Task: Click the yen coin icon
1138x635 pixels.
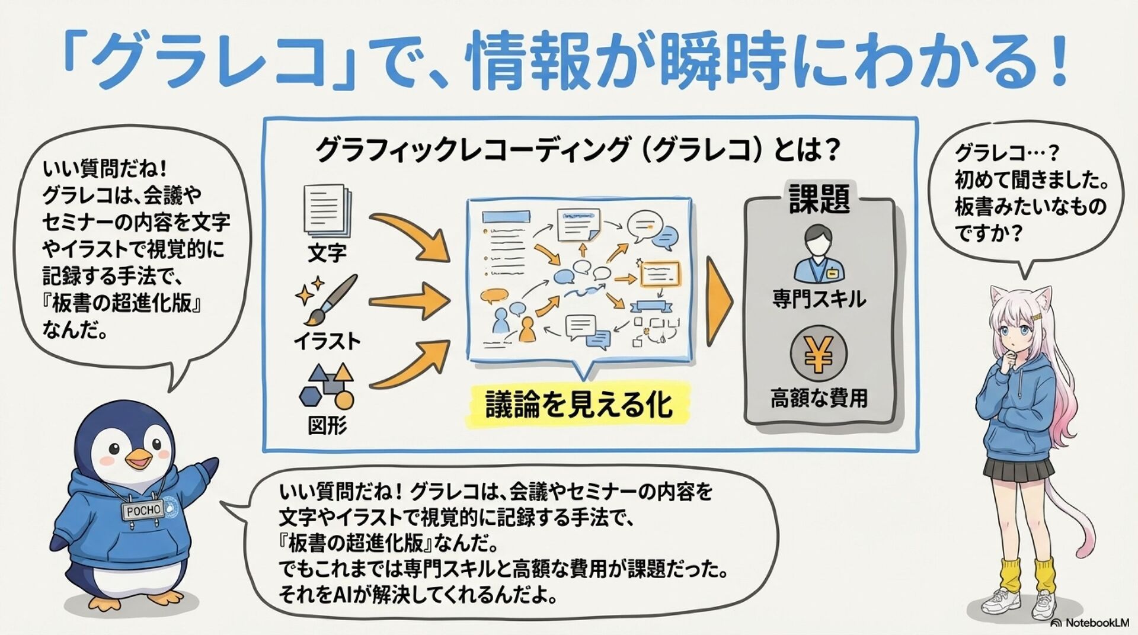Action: [x=818, y=354]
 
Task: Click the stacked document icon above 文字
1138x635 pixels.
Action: [x=327, y=210]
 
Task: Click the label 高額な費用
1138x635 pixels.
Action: [x=819, y=398]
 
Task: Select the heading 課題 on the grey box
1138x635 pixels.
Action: [x=819, y=198]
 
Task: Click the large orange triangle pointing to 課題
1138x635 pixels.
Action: [x=719, y=301]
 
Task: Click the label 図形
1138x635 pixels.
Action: [x=327, y=425]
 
